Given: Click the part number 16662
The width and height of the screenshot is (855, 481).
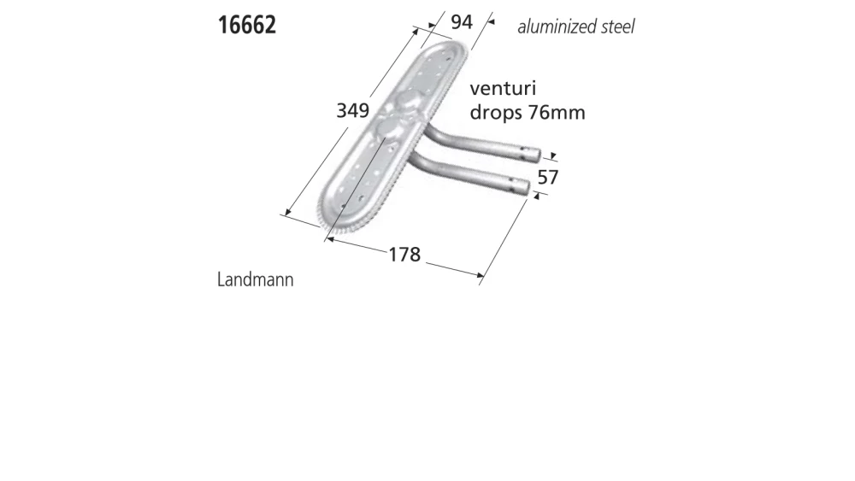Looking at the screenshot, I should click(246, 25).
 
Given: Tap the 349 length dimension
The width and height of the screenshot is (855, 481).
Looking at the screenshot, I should click(351, 110).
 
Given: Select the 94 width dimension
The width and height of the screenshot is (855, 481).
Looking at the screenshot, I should click(461, 22).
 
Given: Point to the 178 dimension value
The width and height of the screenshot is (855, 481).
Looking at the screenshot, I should click(404, 255).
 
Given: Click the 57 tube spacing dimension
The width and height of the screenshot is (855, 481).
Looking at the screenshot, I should click(547, 178).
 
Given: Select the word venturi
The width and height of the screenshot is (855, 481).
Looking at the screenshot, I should click(503, 89).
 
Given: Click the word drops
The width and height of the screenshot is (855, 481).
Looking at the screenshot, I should click(496, 113).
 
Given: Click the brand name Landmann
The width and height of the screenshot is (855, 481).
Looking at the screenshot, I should click(255, 279).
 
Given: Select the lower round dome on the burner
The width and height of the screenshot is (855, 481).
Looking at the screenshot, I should click(386, 128).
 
